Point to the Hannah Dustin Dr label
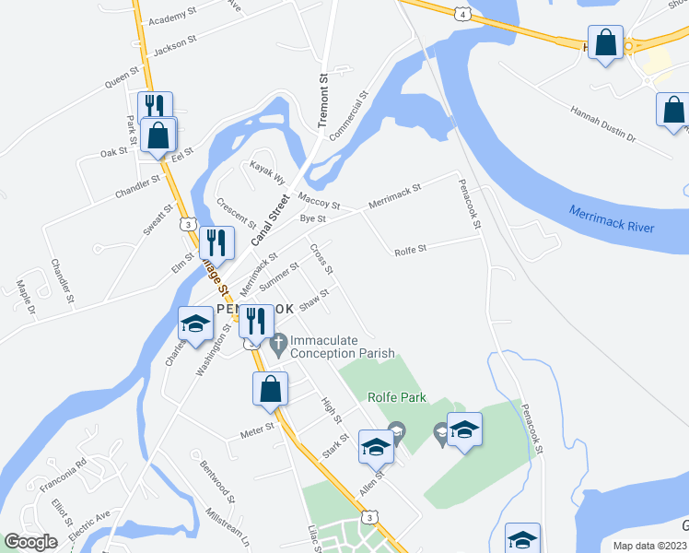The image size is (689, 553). click(603, 124)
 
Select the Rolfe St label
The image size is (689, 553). click(410, 249)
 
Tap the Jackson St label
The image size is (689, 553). click(176, 44)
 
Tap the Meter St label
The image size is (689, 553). click(257, 428)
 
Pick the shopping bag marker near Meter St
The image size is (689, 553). click(271, 390)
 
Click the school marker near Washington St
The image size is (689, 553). click(195, 324)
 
